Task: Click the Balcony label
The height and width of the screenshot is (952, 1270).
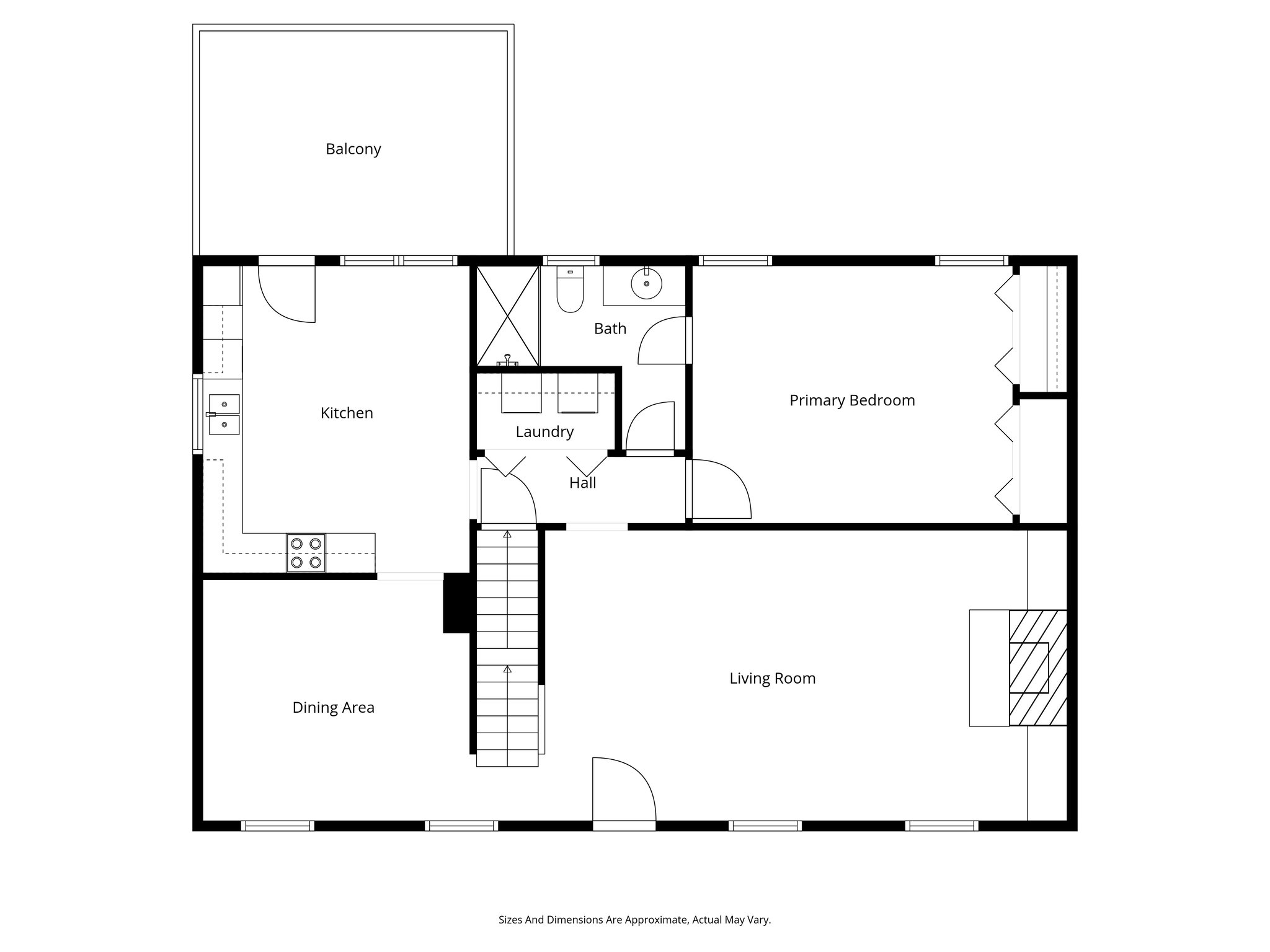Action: [353, 149]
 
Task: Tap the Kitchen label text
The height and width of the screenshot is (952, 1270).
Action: [347, 413]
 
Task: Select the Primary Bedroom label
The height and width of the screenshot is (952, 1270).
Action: [852, 400]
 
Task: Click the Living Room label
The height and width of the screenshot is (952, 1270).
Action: [772, 679]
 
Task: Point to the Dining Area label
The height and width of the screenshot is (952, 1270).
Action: [333, 708]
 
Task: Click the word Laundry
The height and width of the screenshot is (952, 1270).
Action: [544, 432]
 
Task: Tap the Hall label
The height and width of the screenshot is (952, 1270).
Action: [582, 483]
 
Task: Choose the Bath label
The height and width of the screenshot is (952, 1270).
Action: [610, 329]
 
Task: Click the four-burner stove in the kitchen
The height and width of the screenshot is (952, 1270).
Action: [306, 553]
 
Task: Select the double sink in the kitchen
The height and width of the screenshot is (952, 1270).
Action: [224, 414]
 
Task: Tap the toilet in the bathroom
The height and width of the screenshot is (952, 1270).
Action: [570, 290]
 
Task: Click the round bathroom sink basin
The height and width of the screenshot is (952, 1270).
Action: [646, 284]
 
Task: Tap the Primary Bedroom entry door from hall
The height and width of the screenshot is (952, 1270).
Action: [719, 490]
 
